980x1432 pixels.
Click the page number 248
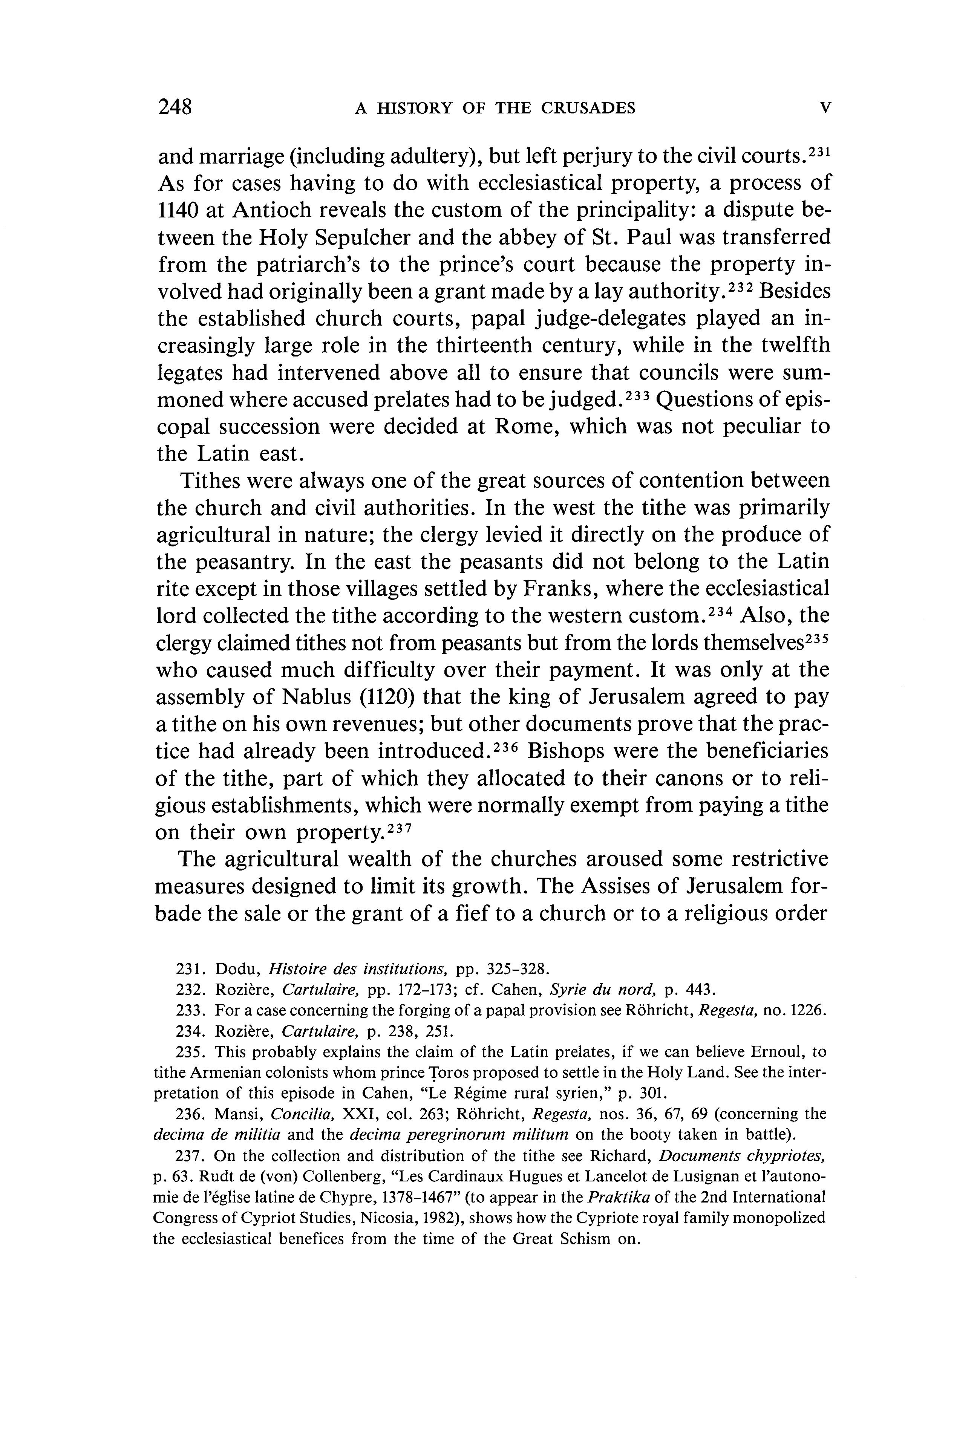click(176, 107)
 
